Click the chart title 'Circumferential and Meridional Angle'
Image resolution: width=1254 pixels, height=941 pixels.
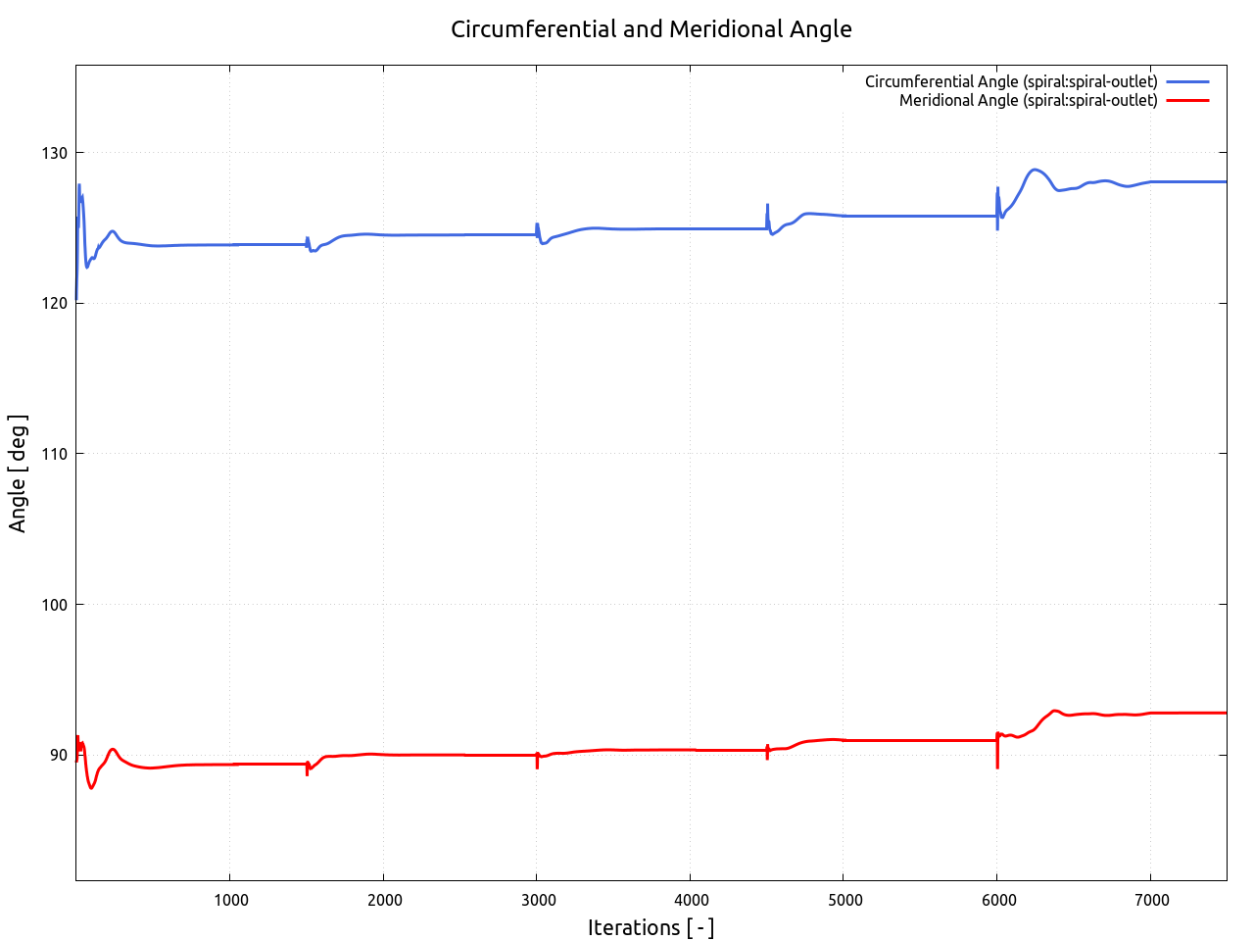point(651,29)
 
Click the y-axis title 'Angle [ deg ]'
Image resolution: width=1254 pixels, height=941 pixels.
point(18,473)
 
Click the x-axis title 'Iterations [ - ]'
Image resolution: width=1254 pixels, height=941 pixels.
point(651,927)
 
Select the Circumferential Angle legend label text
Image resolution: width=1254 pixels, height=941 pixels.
point(1010,81)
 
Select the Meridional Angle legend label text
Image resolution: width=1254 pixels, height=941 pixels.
point(1028,100)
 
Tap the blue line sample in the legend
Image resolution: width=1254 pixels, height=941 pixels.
point(1187,81)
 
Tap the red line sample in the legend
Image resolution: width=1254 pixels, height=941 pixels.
point(1187,100)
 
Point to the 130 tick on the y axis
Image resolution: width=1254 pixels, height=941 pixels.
point(55,153)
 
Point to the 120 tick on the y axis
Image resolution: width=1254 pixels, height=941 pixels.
point(55,304)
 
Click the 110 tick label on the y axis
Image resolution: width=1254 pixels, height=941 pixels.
point(55,454)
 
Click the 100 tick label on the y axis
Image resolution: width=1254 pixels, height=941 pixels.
point(55,605)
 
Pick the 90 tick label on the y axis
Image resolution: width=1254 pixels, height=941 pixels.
point(59,755)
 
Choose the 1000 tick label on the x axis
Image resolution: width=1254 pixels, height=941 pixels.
point(230,901)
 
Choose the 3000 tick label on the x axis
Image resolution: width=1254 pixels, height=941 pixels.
point(537,901)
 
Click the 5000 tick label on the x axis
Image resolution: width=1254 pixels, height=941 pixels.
point(844,901)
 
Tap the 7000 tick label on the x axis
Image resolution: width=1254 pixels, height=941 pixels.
point(1151,901)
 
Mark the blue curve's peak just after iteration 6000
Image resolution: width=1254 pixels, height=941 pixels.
point(1035,170)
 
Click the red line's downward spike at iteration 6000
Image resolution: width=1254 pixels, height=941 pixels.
point(997,766)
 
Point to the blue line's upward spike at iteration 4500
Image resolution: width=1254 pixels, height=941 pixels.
point(767,206)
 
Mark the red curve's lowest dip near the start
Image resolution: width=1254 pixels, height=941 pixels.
point(92,787)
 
